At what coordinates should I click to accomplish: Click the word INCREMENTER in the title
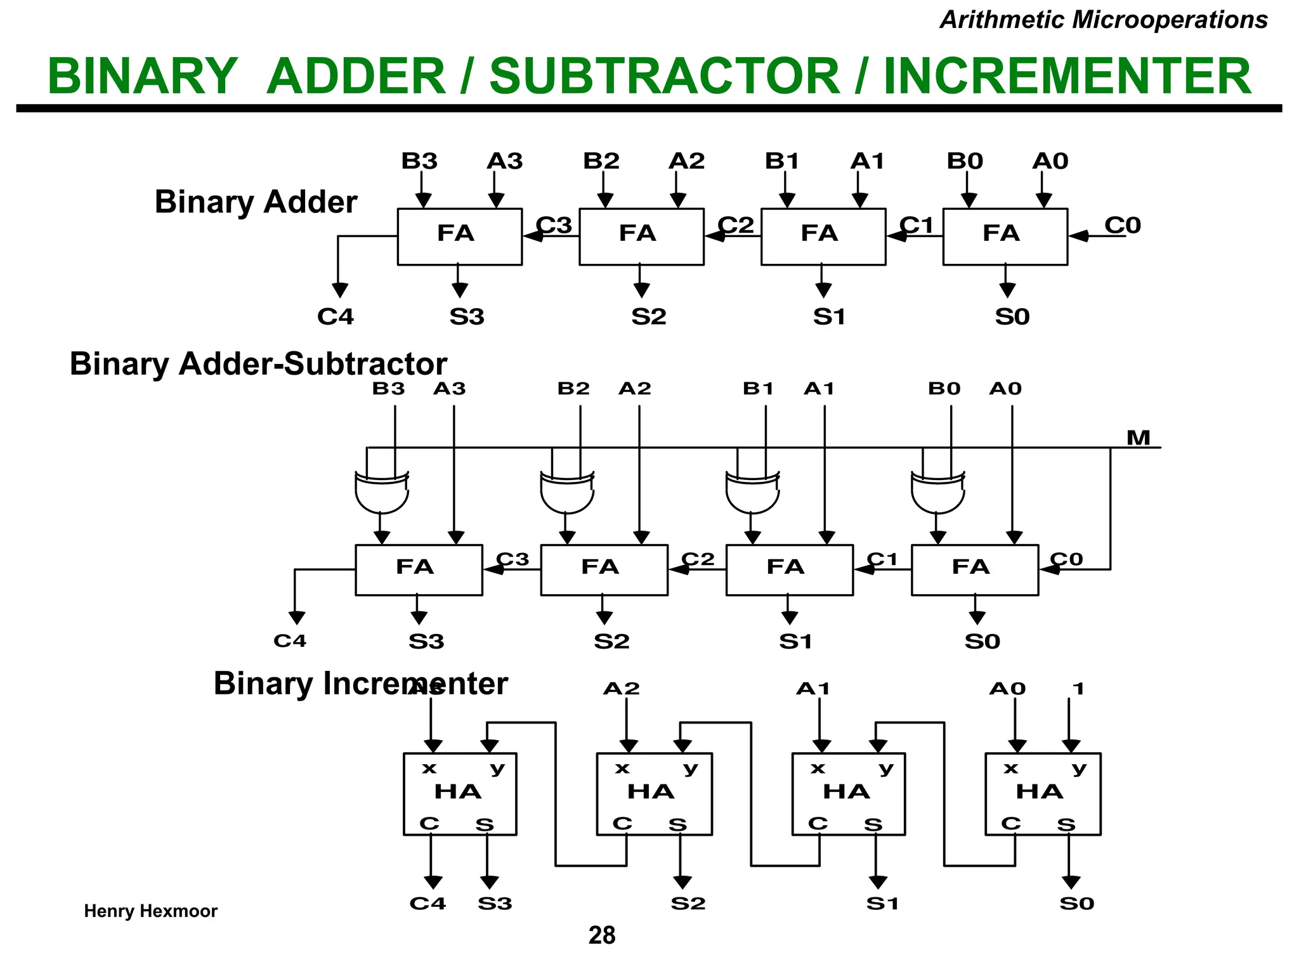pos(1067,76)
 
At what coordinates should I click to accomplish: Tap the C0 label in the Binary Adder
pos(1122,225)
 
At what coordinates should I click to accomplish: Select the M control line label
pos(1138,438)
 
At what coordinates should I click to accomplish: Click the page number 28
pos(601,935)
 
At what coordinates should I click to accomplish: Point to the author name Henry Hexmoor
pos(150,911)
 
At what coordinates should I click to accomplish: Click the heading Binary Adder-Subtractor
pos(258,364)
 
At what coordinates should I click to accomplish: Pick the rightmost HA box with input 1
pos(1042,793)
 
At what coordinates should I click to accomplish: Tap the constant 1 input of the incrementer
pos(1078,689)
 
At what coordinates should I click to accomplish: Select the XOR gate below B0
pos(937,492)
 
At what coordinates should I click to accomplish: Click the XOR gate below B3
pos(381,492)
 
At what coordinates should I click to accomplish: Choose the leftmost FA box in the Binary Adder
pos(459,237)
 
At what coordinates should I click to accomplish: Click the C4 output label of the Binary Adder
pos(335,316)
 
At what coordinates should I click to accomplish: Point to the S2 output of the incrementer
pos(688,903)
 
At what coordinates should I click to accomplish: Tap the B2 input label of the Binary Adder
pos(601,161)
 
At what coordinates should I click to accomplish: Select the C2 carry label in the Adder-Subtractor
pos(698,559)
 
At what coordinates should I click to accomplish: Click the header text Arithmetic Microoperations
pos(1103,20)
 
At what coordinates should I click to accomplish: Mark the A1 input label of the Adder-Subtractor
pos(818,388)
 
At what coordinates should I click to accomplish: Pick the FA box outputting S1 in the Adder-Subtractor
pos(789,569)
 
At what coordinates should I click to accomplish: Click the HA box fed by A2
pos(654,793)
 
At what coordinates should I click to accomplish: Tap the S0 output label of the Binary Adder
pos(1012,316)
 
